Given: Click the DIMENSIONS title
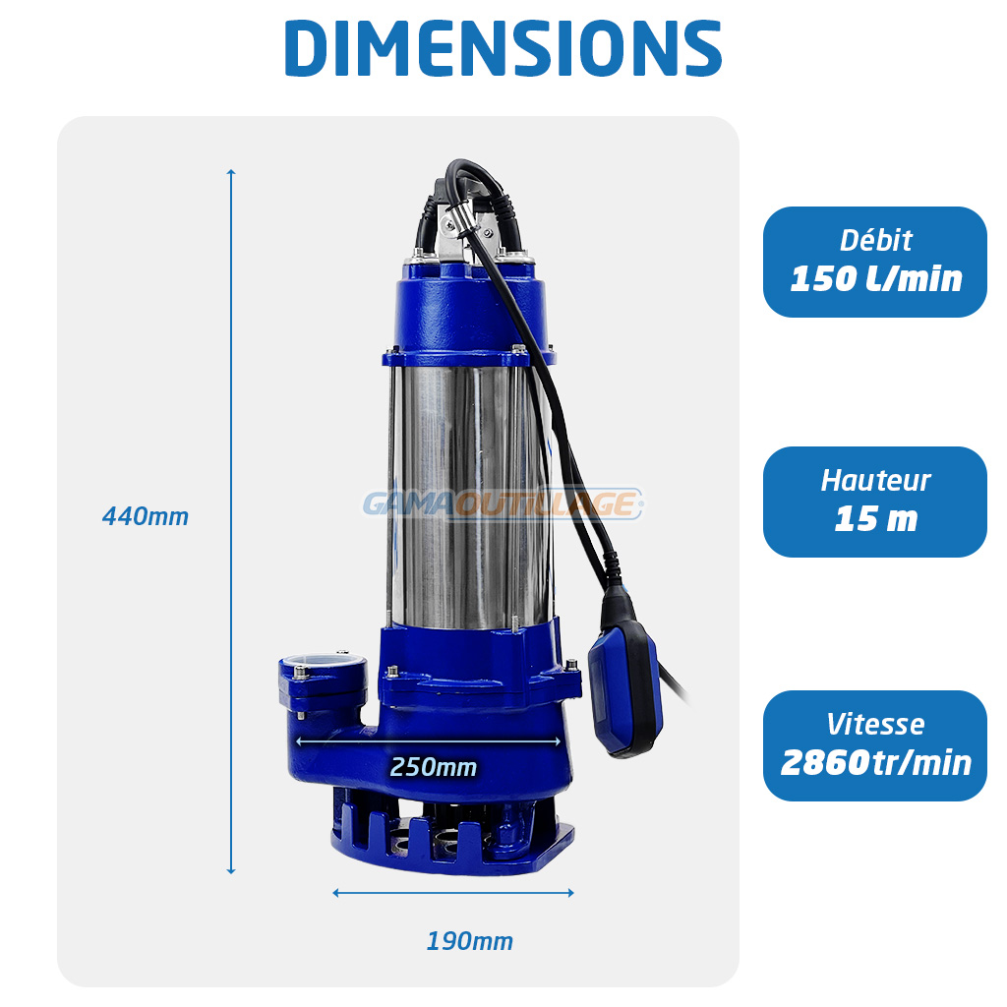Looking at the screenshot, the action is (503, 48).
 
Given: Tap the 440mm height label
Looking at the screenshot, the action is (146, 516).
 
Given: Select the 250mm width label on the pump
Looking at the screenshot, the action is (434, 767).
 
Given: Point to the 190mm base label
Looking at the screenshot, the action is (469, 941).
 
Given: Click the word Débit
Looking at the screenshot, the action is (875, 241).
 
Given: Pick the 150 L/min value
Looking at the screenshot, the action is (876, 278).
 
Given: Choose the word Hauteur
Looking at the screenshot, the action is (875, 480).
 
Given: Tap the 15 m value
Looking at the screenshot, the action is (876, 519).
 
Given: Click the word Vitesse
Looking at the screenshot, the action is (875, 725).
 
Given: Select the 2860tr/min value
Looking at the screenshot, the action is (876, 763).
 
